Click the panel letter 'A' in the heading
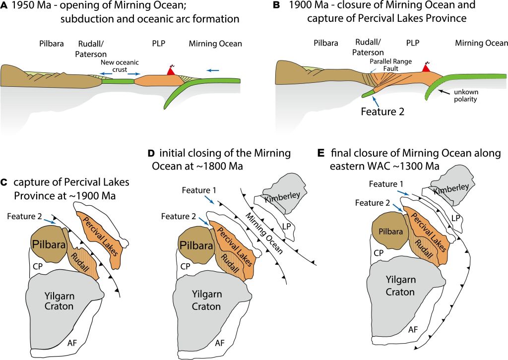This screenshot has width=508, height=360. pos(4,5)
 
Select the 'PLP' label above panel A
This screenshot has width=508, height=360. pos(160,44)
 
